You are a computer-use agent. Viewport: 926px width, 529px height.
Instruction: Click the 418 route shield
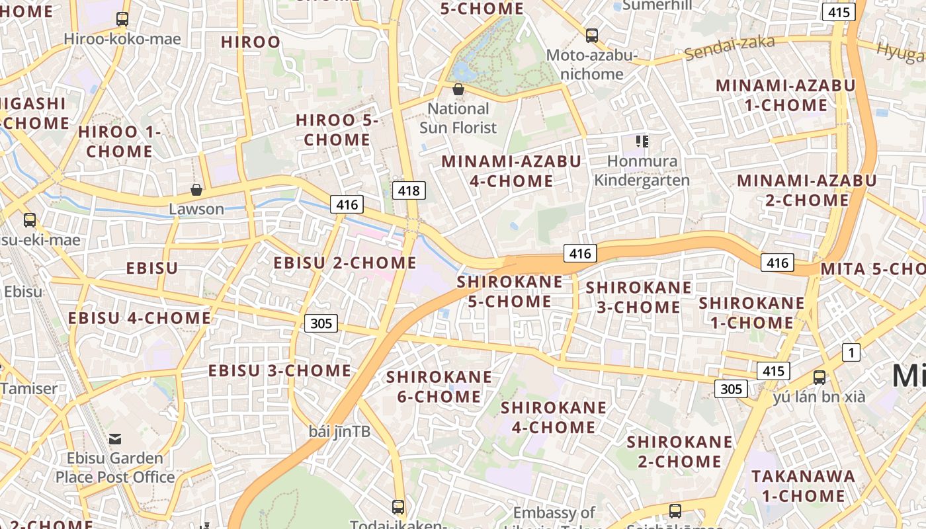[409, 191]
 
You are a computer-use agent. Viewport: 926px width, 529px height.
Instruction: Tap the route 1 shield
[851, 352]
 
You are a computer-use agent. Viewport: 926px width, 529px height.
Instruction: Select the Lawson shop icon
[196, 190]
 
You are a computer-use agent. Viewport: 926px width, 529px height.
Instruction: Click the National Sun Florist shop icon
[458, 89]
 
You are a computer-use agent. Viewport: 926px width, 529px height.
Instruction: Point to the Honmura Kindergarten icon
[642, 141]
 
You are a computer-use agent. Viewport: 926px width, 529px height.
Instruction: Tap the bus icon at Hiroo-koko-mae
[122, 19]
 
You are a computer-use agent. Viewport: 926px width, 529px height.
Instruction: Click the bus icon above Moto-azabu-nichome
[591, 36]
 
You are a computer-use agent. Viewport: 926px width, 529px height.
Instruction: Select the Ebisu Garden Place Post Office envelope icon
[115, 438]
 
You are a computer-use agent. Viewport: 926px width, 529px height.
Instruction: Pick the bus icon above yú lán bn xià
[819, 378]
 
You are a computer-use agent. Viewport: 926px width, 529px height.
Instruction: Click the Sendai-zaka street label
[730, 48]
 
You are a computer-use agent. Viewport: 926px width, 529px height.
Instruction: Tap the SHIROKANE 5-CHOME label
[510, 292]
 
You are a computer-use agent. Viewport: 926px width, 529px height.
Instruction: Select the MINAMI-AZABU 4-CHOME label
[511, 171]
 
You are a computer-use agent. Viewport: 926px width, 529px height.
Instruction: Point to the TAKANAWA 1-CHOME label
[803, 486]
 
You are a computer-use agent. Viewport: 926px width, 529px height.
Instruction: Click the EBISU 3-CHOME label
[280, 371]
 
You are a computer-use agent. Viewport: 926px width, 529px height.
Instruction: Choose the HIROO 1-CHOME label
[120, 142]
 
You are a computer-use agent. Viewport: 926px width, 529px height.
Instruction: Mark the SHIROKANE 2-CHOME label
[679, 451]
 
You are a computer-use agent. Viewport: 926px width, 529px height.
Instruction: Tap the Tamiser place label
[29, 388]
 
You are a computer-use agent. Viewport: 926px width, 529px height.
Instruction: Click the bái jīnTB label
[339, 432]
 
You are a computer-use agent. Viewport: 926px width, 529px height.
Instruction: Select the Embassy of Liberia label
[554, 513]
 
